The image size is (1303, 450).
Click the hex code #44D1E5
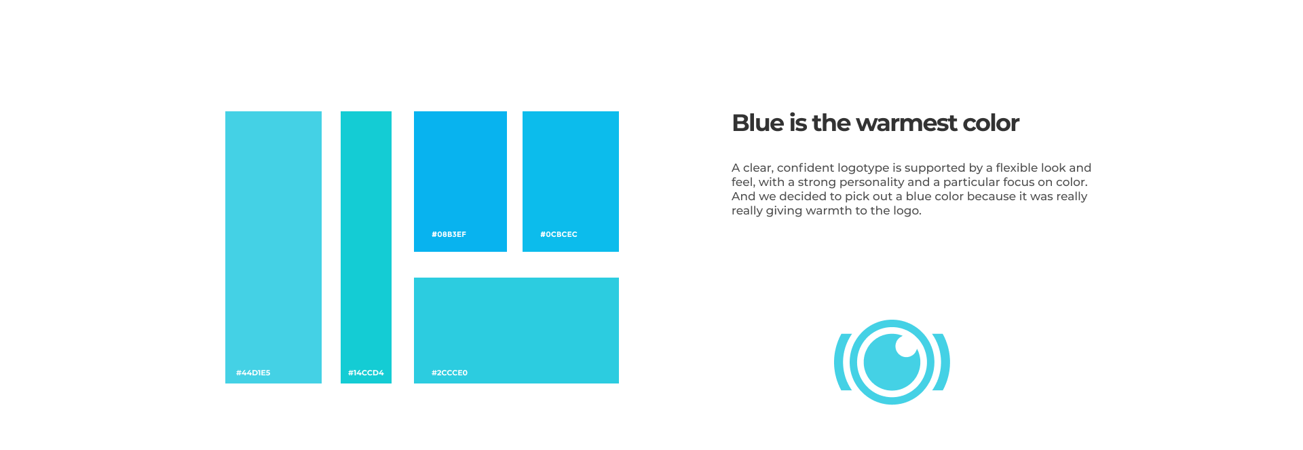point(253,373)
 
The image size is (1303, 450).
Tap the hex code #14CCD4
point(366,373)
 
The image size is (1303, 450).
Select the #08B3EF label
point(449,234)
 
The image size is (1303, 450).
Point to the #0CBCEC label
point(559,234)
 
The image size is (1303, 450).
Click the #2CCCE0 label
point(449,373)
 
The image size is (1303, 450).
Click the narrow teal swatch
point(366,247)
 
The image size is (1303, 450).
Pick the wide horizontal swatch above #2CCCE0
point(516,331)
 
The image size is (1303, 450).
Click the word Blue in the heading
point(758,123)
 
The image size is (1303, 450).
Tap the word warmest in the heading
point(906,124)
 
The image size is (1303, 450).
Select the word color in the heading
point(991,124)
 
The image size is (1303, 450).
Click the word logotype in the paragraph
point(863,168)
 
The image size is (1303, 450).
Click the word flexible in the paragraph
point(1017,168)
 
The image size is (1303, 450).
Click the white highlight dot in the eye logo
point(906,346)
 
